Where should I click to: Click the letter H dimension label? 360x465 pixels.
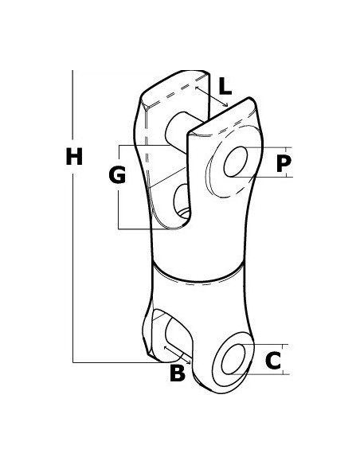click(74, 157)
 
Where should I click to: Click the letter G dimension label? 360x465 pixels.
click(117, 174)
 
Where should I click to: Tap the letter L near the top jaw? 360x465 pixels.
click(225, 86)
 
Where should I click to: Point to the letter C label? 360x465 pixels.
click(273, 361)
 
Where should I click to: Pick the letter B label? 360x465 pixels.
click(178, 373)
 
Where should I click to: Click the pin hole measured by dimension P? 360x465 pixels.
click(236, 162)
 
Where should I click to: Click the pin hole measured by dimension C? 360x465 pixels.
click(233, 359)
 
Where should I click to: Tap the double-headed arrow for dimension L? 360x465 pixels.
click(211, 96)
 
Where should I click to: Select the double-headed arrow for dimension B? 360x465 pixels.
click(177, 354)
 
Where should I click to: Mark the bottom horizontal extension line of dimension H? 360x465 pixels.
click(117, 362)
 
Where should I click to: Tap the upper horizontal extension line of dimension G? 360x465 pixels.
click(144, 145)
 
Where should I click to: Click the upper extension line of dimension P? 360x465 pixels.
click(268, 147)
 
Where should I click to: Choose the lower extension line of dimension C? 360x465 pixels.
click(260, 374)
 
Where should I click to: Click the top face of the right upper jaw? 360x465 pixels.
click(222, 117)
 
